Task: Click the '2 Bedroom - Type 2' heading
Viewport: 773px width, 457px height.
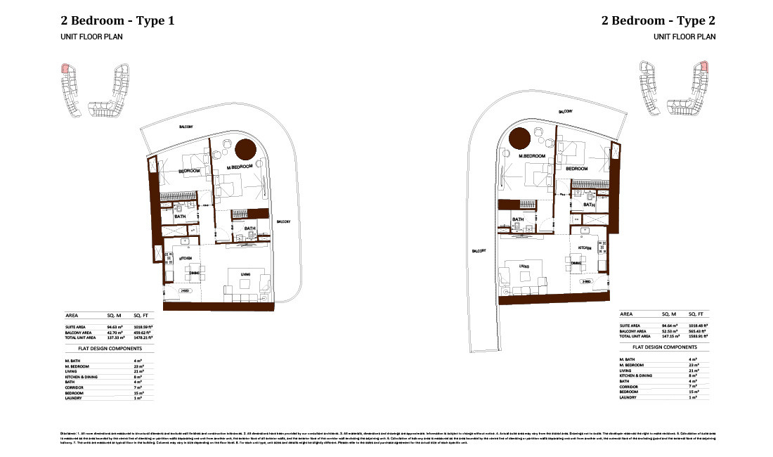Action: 658,20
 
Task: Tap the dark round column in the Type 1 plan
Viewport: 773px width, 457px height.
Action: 245,149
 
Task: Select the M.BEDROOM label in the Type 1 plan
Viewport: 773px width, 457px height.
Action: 241,167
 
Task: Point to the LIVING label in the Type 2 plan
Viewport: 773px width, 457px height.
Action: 524,266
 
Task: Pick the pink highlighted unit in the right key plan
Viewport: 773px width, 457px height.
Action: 703,69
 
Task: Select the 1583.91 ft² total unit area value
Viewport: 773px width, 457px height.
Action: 698,337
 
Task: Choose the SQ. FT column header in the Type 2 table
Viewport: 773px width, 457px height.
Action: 696,314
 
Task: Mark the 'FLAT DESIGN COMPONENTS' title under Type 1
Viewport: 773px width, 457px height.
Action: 103,348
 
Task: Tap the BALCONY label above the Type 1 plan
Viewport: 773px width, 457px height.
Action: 186,127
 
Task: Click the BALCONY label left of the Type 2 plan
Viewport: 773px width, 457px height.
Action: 480,250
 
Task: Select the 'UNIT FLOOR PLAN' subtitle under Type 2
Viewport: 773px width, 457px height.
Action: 684,37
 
